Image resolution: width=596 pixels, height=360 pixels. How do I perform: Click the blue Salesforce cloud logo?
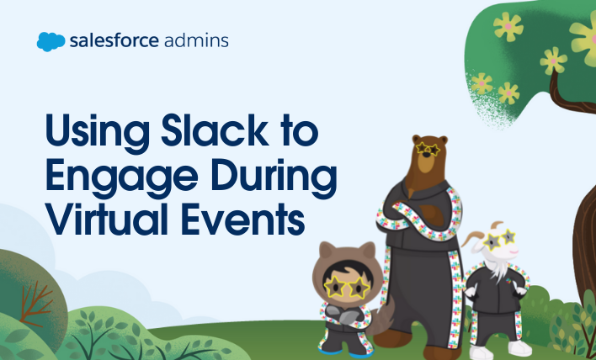[x=51, y=40]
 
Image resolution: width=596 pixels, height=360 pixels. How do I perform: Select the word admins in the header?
[x=198, y=40]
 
